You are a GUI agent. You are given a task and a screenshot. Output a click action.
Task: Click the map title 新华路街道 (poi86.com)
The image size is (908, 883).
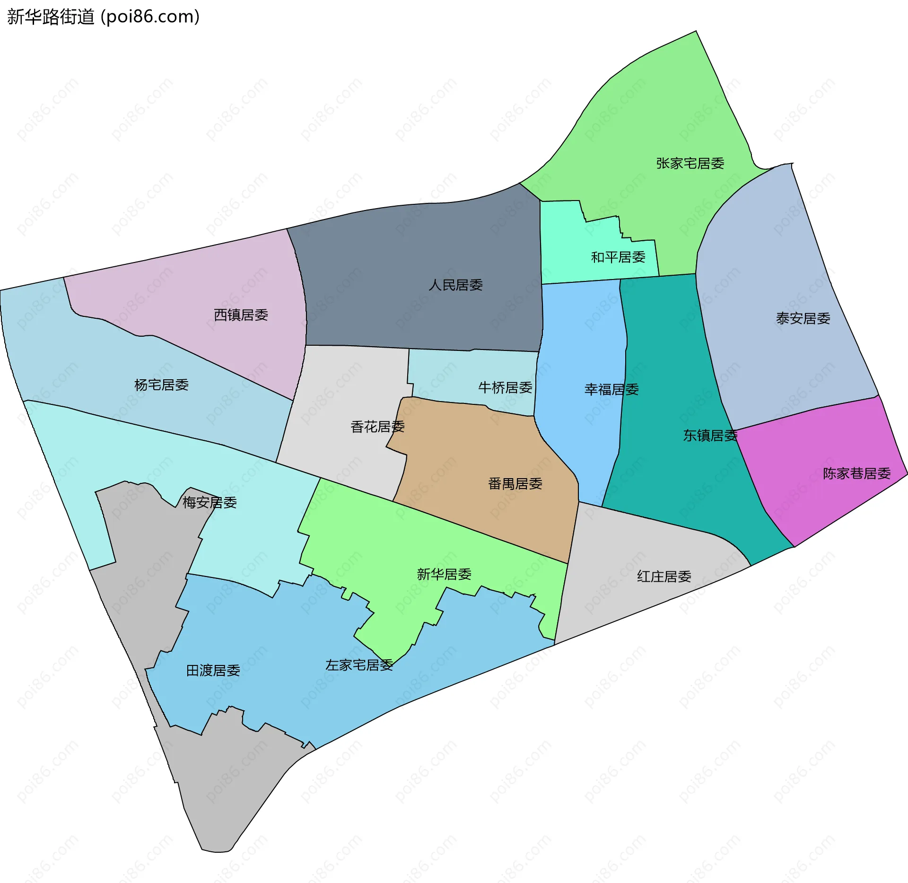(x=103, y=17)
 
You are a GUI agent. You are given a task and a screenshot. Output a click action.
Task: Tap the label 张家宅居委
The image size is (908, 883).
(x=690, y=164)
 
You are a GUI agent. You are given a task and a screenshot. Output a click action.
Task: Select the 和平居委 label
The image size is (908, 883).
(x=618, y=257)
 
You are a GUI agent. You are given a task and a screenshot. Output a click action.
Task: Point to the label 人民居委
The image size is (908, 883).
(x=455, y=285)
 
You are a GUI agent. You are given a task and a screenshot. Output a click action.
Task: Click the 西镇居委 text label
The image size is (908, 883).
(x=241, y=315)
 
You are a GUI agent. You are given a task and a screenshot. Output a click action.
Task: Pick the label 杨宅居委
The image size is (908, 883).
(x=161, y=385)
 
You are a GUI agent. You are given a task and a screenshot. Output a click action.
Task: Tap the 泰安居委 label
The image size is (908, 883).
(x=803, y=319)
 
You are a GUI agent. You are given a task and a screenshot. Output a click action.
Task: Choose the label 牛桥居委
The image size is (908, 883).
(x=505, y=388)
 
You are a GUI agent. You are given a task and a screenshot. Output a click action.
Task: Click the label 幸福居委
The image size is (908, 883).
(x=611, y=390)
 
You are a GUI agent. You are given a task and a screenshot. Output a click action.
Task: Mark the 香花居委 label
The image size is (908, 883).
(x=377, y=427)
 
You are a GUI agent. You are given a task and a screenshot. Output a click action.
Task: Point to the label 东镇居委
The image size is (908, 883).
(x=710, y=436)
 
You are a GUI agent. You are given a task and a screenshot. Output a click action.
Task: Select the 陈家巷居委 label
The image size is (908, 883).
(x=856, y=473)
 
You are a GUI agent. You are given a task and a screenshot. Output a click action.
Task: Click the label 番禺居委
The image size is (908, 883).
(x=515, y=484)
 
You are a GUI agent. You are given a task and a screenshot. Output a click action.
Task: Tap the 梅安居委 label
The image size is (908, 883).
(x=210, y=502)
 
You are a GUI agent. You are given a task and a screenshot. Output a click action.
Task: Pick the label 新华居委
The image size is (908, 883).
(x=444, y=574)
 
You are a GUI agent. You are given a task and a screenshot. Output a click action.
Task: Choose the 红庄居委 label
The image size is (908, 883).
(x=664, y=577)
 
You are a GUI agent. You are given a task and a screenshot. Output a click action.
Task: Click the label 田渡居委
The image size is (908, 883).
(x=213, y=671)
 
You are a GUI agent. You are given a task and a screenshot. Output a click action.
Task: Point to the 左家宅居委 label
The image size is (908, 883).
(x=359, y=665)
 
